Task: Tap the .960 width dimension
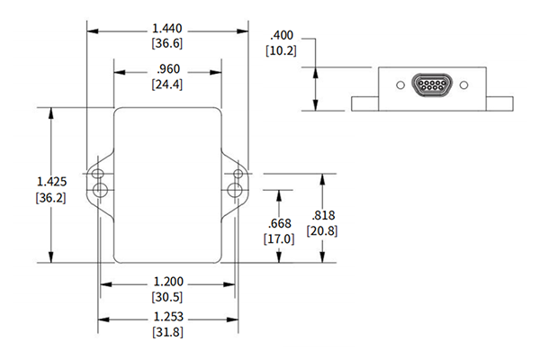167,70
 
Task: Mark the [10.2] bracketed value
281,50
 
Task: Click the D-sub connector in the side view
429,85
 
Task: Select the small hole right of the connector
463,85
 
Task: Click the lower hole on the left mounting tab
100,189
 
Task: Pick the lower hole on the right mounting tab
236,189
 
